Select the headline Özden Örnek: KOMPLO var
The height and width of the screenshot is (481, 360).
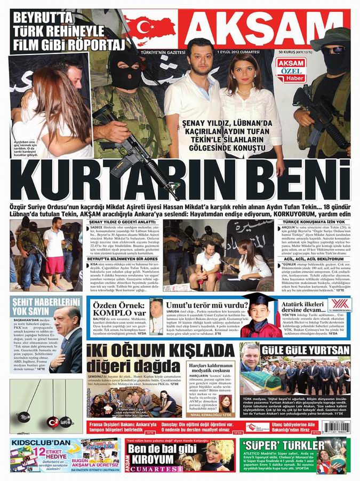(117, 309)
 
